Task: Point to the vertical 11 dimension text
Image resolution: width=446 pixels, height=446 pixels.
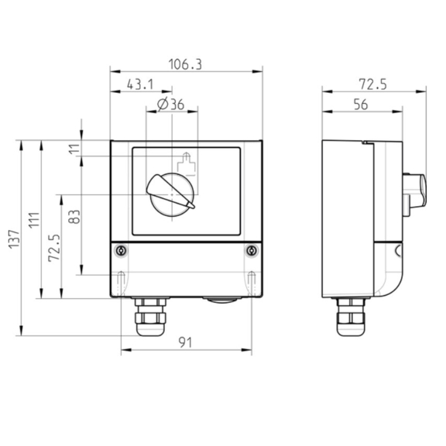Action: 75,148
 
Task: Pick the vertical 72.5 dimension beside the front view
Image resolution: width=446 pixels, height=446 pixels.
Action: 53,248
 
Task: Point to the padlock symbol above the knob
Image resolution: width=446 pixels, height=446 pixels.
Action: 185,165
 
